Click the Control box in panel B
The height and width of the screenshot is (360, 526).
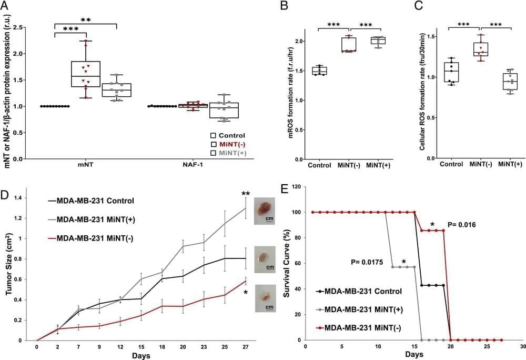click(x=319, y=71)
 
